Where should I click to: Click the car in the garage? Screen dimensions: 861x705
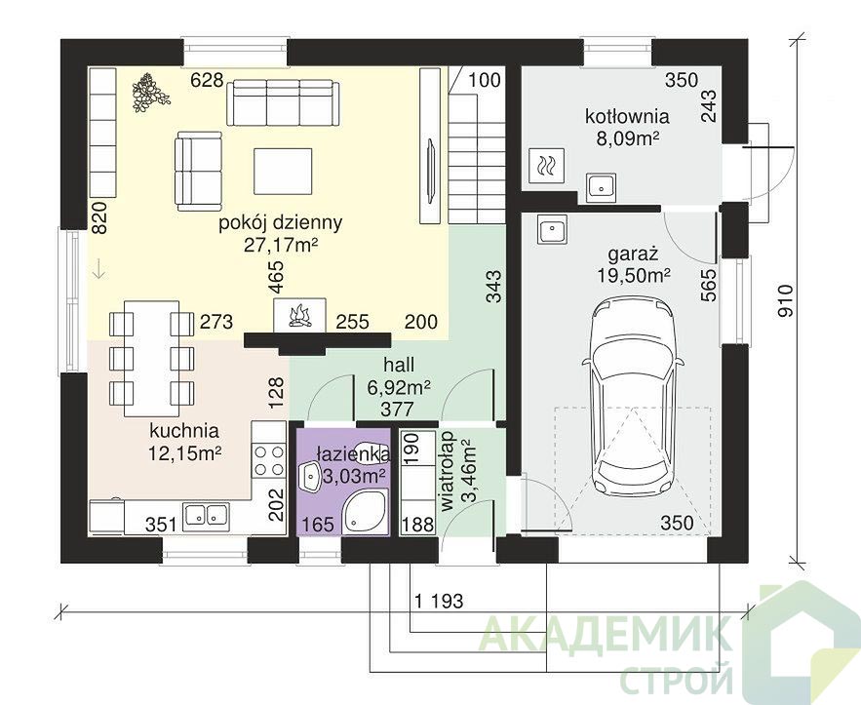coord(633,395)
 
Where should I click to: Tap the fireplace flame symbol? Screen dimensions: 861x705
coord(299,316)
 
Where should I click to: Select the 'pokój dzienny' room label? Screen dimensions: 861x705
coord(281,223)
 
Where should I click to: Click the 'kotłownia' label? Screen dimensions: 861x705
coord(627,117)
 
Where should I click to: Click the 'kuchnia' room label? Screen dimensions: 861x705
coord(184,431)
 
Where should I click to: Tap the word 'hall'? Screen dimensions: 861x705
coord(399,365)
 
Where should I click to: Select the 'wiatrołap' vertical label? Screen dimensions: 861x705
coord(450,472)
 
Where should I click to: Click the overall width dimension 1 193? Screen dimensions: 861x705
coord(439,601)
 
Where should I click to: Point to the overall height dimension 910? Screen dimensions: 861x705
coord(786,301)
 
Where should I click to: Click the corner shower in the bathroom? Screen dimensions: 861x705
coord(365,512)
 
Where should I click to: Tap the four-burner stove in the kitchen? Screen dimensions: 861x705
coord(269,460)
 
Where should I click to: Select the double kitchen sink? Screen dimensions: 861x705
coord(206,516)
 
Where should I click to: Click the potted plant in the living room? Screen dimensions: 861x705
coord(149,93)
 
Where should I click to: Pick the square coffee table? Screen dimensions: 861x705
coord(284,171)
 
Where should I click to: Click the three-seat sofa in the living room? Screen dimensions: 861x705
coord(283,102)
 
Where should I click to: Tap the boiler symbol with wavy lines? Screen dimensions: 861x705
coord(546,165)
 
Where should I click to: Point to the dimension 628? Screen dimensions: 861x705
coord(207,81)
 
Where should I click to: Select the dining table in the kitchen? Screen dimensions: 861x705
coord(152,358)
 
